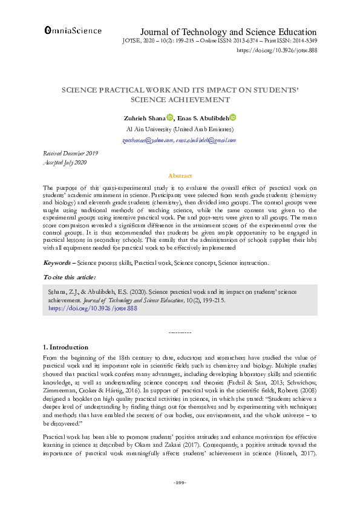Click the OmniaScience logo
(73, 30)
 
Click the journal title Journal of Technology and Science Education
(228, 32)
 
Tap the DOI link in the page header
(276, 51)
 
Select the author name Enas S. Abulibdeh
(201, 118)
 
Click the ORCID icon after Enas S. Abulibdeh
(233, 118)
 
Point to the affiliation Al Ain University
(180, 129)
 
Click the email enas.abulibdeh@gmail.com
(206, 140)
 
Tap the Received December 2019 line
(71, 154)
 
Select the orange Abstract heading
(180, 175)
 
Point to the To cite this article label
(69, 277)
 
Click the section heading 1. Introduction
(66, 348)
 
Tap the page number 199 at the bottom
(180, 482)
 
